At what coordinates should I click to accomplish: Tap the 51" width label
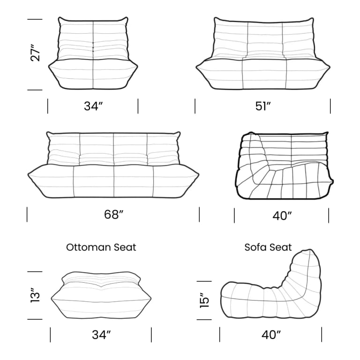pyautogui.click(x=263, y=106)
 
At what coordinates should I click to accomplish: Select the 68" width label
pyautogui.click(x=113, y=215)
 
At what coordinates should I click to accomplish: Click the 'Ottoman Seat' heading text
pyautogui.click(x=101, y=247)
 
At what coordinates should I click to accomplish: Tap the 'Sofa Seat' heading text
pyautogui.click(x=268, y=247)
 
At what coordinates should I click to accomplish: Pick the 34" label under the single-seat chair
pyautogui.click(x=93, y=106)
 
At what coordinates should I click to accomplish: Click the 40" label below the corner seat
pyautogui.click(x=282, y=216)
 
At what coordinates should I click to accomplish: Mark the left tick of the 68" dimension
pyautogui.click(x=27, y=214)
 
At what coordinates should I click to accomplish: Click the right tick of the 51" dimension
pyautogui.click(x=330, y=106)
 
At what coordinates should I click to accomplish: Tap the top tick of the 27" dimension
pyautogui.click(x=35, y=19)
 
